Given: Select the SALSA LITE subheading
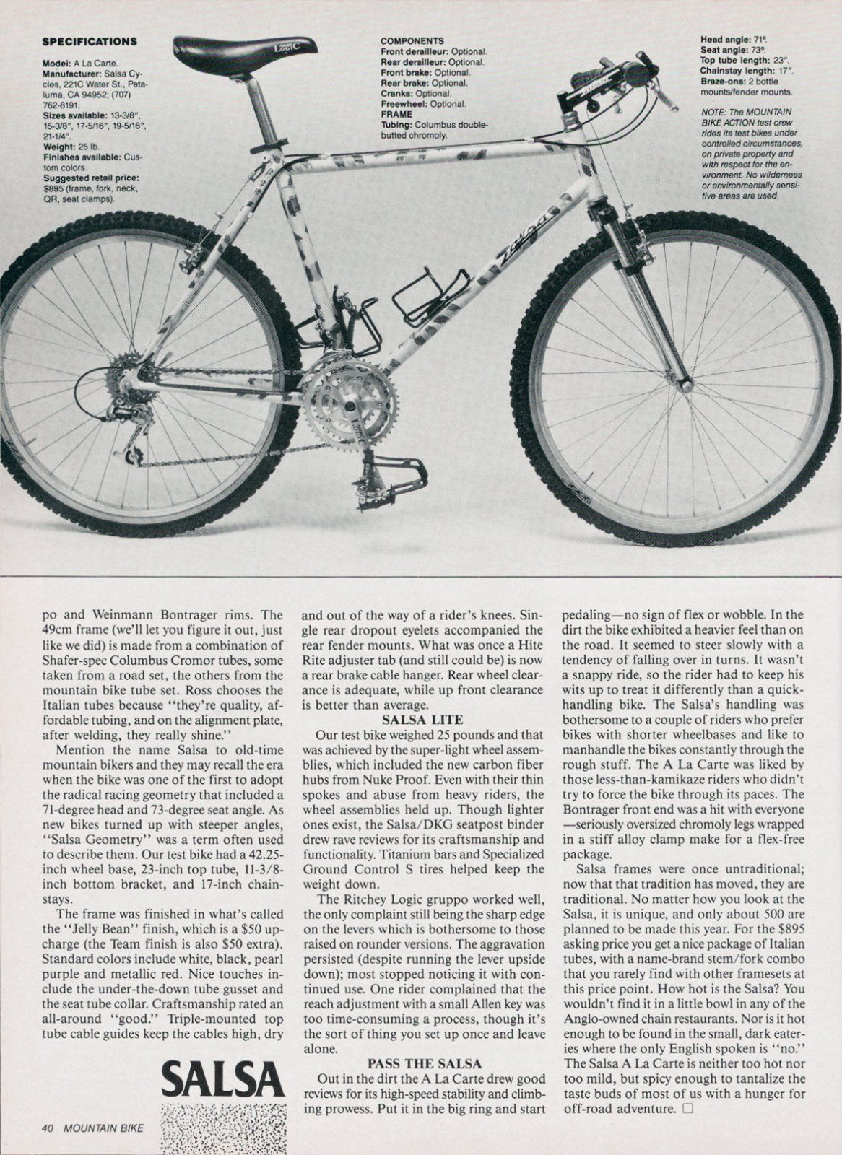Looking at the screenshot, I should click(x=422, y=719).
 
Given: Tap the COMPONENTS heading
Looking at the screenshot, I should click(x=412, y=41).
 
